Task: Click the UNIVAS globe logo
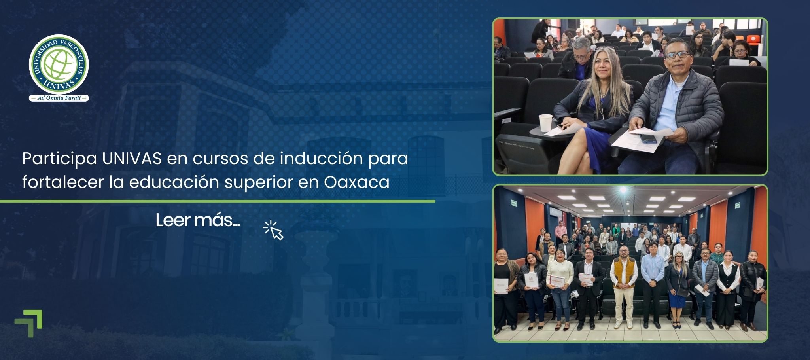pos(59,64)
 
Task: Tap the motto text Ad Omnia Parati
pos(59,98)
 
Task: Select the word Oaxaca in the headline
pos(357,182)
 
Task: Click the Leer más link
pos(198,220)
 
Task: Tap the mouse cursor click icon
pos(274,230)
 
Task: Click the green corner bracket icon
pos(28,324)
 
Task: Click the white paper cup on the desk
pos(545,123)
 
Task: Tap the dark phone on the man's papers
pos(648,138)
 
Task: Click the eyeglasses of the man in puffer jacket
pos(677,55)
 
